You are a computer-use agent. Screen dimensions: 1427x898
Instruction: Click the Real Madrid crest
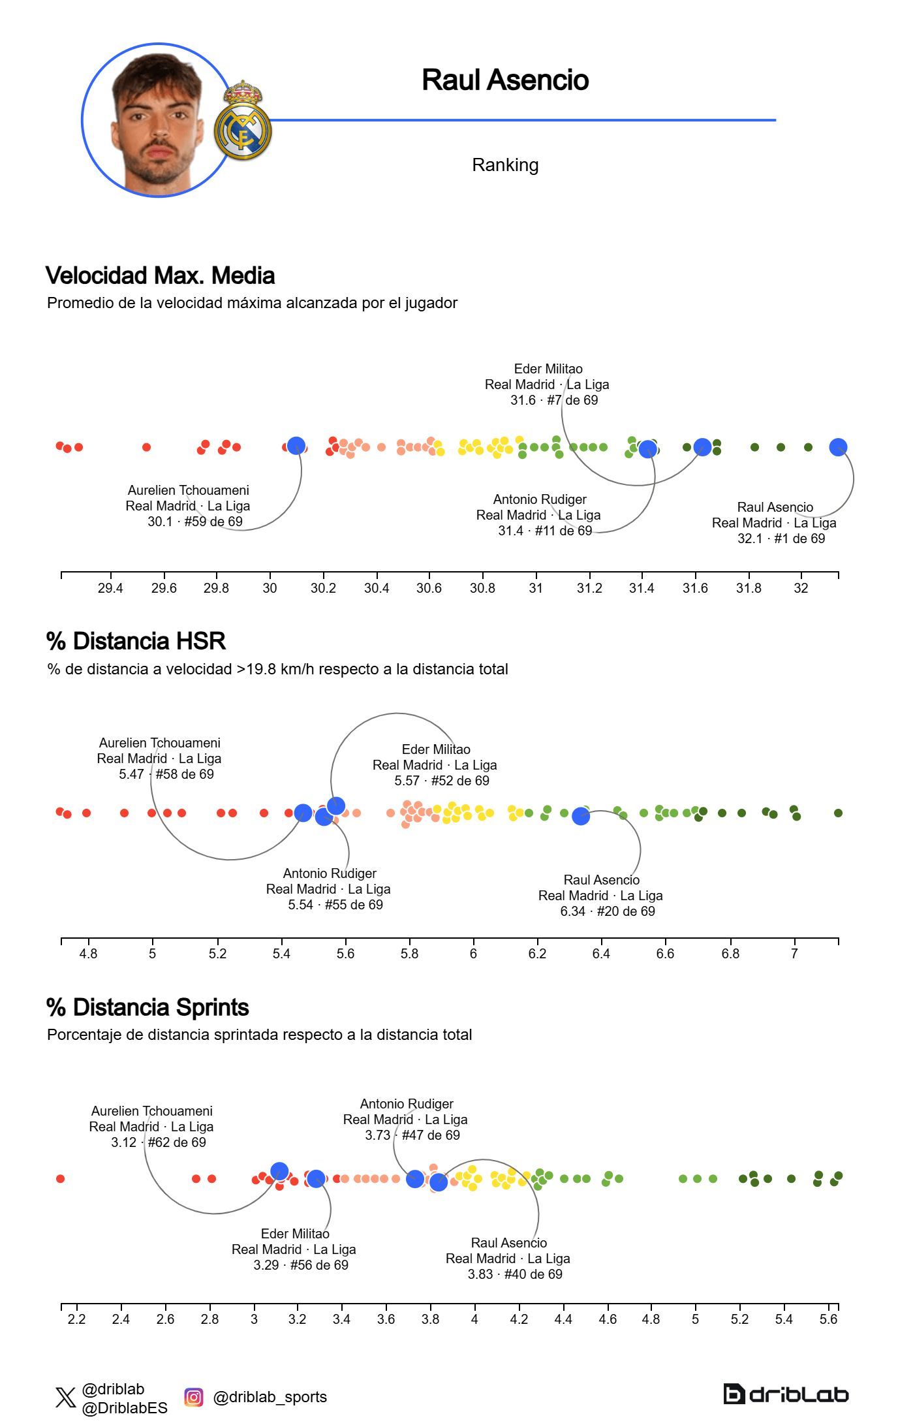pyautogui.click(x=243, y=122)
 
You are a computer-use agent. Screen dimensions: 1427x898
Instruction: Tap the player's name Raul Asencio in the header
pyautogui.click(x=505, y=80)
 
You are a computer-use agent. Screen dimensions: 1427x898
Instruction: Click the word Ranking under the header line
pyautogui.click(x=505, y=165)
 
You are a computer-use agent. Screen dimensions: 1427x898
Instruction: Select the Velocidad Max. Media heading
pyautogui.click(x=160, y=275)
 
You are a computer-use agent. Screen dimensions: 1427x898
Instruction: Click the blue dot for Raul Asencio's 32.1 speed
pyautogui.click(x=838, y=447)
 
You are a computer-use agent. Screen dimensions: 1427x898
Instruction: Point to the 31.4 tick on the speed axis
pyautogui.click(x=642, y=588)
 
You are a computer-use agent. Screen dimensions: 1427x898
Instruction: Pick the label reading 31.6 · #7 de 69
pyautogui.click(x=554, y=400)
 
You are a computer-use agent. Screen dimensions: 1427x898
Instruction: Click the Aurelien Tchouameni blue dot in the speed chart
pyautogui.click(x=296, y=446)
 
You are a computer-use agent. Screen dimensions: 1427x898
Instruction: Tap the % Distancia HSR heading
pyautogui.click(x=136, y=641)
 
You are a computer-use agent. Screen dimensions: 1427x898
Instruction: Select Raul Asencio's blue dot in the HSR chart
pyautogui.click(x=580, y=816)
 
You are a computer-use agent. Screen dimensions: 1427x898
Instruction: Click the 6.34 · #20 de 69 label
pyautogui.click(x=607, y=911)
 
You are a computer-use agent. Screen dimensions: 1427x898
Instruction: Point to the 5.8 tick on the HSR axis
pyautogui.click(x=409, y=954)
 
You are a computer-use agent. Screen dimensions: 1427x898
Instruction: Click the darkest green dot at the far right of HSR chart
pyautogui.click(x=838, y=813)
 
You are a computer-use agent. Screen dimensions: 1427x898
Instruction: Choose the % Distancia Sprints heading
pyautogui.click(x=147, y=1007)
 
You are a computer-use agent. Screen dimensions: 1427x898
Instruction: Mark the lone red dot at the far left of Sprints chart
pyautogui.click(x=60, y=1179)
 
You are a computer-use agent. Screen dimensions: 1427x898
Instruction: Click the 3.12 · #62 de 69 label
pyautogui.click(x=158, y=1142)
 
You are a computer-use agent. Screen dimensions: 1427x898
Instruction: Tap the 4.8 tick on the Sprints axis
pyautogui.click(x=651, y=1319)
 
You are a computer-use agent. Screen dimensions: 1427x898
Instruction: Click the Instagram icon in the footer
pyautogui.click(x=193, y=1397)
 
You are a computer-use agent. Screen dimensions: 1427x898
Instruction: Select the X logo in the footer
pyautogui.click(x=65, y=1398)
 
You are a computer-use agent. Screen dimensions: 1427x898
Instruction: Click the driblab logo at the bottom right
pyautogui.click(x=786, y=1394)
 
